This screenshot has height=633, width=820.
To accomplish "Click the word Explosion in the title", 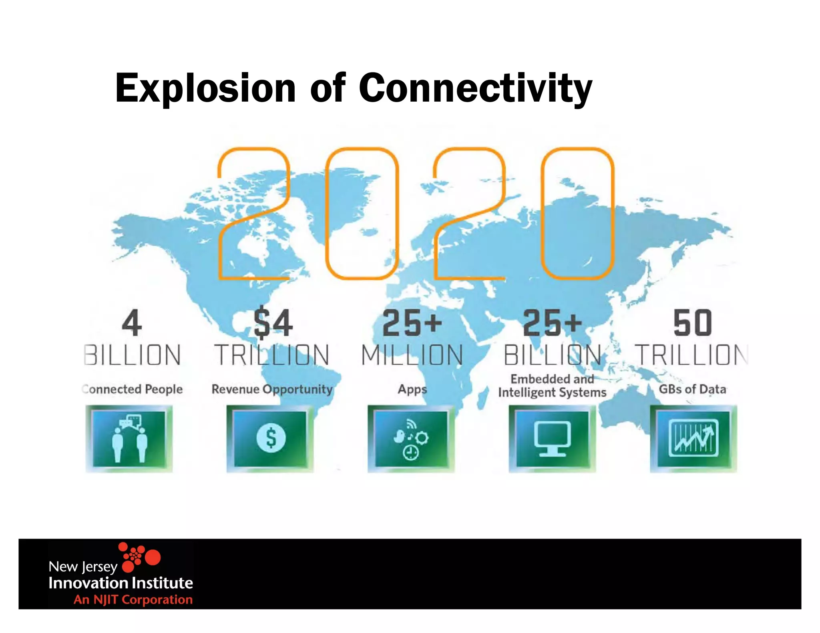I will pyautogui.click(x=205, y=88).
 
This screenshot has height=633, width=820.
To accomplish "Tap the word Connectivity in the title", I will pyautogui.click(x=475, y=88).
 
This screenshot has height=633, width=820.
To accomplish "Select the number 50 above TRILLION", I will pyautogui.click(x=692, y=323).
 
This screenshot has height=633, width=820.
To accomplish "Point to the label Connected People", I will pyautogui.click(x=133, y=389).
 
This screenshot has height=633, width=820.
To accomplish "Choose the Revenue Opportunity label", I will pyautogui.click(x=272, y=389).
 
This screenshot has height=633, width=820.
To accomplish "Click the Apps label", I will pyautogui.click(x=412, y=389).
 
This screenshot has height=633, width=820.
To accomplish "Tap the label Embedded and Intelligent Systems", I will pyautogui.click(x=552, y=386).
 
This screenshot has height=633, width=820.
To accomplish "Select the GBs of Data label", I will pyautogui.click(x=692, y=389).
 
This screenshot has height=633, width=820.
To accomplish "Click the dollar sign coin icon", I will pyautogui.click(x=271, y=438).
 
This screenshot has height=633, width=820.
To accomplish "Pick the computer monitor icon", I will pyautogui.click(x=552, y=439).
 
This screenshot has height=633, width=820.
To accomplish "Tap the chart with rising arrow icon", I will pyautogui.click(x=693, y=439).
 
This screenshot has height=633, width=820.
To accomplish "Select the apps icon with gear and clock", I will pyautogui.click(x=411, y=439).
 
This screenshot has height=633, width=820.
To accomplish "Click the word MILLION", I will pyautogui.click(x=412, y=355).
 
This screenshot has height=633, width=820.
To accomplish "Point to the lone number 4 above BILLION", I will pyautogui.click(x=132, y=323).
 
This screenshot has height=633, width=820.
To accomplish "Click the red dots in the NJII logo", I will pyautogui.click(x=140, y=557).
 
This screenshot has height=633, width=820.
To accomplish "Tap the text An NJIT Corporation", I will pyautogui.click(x=133, y=599).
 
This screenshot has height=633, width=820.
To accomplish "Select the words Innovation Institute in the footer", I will pyautogui.click(x=121, y=583).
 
